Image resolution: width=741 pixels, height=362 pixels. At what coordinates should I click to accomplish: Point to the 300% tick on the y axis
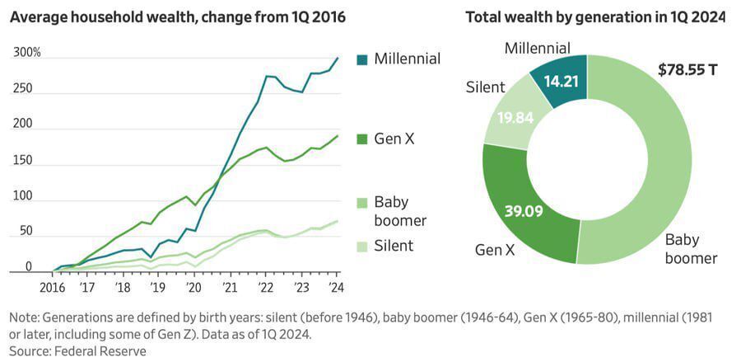tap(27, 53)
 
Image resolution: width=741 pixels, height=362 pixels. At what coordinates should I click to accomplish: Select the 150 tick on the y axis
tap(22, 159)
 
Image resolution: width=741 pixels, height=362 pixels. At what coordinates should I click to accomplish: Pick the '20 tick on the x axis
tap(193, 288)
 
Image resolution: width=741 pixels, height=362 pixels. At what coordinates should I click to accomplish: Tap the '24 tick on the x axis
tap(336, 288)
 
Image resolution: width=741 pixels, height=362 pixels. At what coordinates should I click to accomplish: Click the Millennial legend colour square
tap(362, 59)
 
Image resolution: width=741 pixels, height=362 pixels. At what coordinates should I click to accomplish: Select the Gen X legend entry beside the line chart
tap(394, 139)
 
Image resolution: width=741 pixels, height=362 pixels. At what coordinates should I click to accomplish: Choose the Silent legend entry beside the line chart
tap(394, 245)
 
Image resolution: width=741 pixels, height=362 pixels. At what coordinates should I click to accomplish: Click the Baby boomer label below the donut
tap(691, 249)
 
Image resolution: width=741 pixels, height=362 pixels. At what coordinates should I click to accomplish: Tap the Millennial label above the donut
tap(538, 49)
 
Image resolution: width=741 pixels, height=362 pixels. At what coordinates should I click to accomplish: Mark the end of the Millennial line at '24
tap(338, 58)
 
